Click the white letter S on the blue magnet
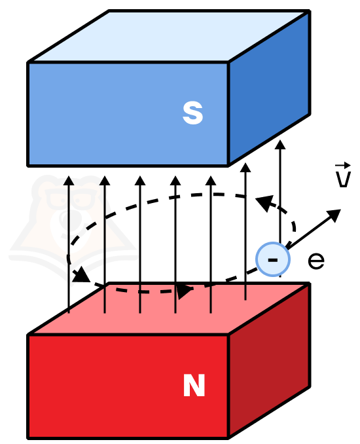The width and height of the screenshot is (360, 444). tap(192, 113)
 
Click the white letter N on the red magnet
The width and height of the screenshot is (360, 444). tap(194, 385)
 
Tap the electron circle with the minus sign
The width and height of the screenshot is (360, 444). tap(273, 259)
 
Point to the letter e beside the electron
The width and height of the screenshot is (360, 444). tap(316, 261)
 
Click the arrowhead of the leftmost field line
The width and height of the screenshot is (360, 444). tap(69, 181)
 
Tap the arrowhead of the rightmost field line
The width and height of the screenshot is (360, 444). tap(280, 145)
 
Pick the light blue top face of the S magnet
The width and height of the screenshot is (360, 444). tap(170, 36)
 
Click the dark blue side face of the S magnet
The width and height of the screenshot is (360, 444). tap(269, 88)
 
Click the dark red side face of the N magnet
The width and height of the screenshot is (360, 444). tap(269, 360)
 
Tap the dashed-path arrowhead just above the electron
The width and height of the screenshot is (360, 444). tap(265, 203)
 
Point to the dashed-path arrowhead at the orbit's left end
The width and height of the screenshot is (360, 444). tap(81, 274)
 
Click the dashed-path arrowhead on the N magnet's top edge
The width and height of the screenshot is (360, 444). tap(184, 290)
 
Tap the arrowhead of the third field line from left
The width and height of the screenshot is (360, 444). tap(140, 181)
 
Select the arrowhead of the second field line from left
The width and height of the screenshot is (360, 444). tap(105, 181)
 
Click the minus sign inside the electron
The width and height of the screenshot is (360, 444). tap(273, 260)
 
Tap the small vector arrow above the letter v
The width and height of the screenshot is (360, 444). tap(343, 165)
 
